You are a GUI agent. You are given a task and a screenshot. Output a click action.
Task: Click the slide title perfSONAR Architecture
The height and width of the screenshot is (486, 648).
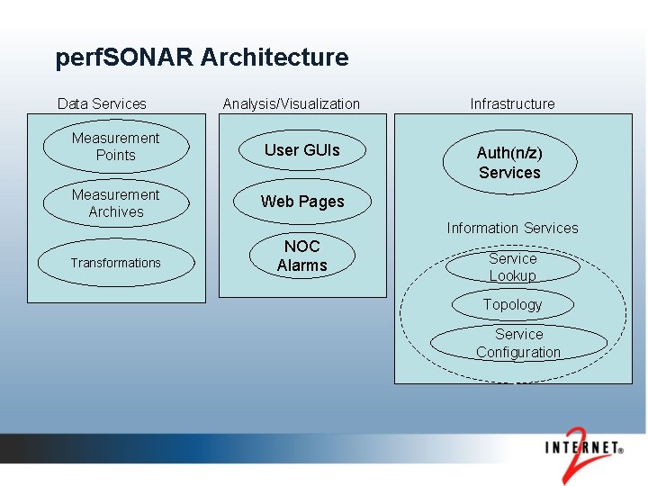(202, 58)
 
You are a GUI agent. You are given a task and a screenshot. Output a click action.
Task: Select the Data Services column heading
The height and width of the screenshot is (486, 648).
(102, 103)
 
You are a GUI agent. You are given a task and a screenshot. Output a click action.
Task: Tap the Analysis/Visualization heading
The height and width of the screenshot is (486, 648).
(291, 103)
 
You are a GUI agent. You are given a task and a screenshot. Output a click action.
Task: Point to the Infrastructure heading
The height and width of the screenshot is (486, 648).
(512, 103)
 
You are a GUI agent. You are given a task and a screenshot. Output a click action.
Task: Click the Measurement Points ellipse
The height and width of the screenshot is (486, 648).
(115, 147)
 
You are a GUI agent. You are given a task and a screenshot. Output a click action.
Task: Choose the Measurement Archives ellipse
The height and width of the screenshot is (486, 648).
(115, 203)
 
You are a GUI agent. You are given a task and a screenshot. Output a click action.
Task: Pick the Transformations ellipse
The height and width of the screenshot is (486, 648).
(115, 263)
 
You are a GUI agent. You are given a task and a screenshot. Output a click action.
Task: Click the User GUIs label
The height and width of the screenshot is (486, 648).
(302, 150)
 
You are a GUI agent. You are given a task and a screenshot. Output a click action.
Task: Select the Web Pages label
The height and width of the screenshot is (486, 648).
(302, 202)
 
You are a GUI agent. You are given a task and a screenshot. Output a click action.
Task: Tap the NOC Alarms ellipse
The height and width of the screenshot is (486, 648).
(302, 256)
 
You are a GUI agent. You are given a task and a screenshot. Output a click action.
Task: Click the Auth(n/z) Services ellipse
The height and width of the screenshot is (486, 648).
(509, 163)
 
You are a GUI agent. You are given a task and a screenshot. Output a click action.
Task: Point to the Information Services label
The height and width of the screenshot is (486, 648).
(512, 228)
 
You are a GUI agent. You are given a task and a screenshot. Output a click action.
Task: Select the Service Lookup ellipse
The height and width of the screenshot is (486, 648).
(512, 266)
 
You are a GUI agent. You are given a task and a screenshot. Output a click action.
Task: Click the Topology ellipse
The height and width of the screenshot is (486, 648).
(512, 304)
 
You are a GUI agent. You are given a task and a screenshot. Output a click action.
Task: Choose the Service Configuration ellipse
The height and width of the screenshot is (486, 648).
(518, 343)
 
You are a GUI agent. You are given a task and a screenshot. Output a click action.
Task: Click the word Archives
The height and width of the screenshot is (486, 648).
(116, 212)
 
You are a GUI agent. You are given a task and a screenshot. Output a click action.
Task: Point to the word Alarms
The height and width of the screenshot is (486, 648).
(302, 265)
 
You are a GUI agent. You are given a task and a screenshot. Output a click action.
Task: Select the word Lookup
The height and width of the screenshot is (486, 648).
(512, 275)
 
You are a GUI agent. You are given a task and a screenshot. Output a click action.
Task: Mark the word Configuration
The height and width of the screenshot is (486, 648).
(518, 352)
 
